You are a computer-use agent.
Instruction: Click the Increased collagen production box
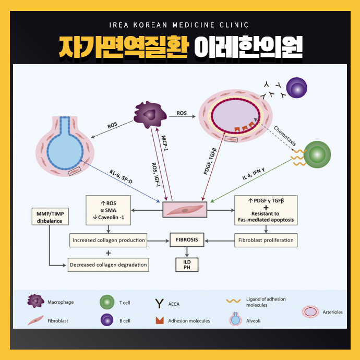click(108, 241)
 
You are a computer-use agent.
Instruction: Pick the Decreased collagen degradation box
click(108, 265)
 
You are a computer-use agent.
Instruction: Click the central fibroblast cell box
click(185, 210)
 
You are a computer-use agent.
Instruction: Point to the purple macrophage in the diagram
click(151, 113)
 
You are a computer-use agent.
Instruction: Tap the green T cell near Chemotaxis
click(318, 154)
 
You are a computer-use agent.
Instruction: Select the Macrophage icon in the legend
click(35, 301)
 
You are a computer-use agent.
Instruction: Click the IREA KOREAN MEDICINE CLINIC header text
click(180, 25)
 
